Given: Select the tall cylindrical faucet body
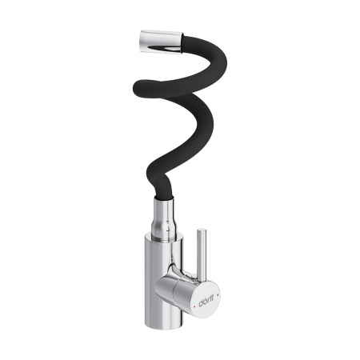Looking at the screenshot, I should (161, 288).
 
